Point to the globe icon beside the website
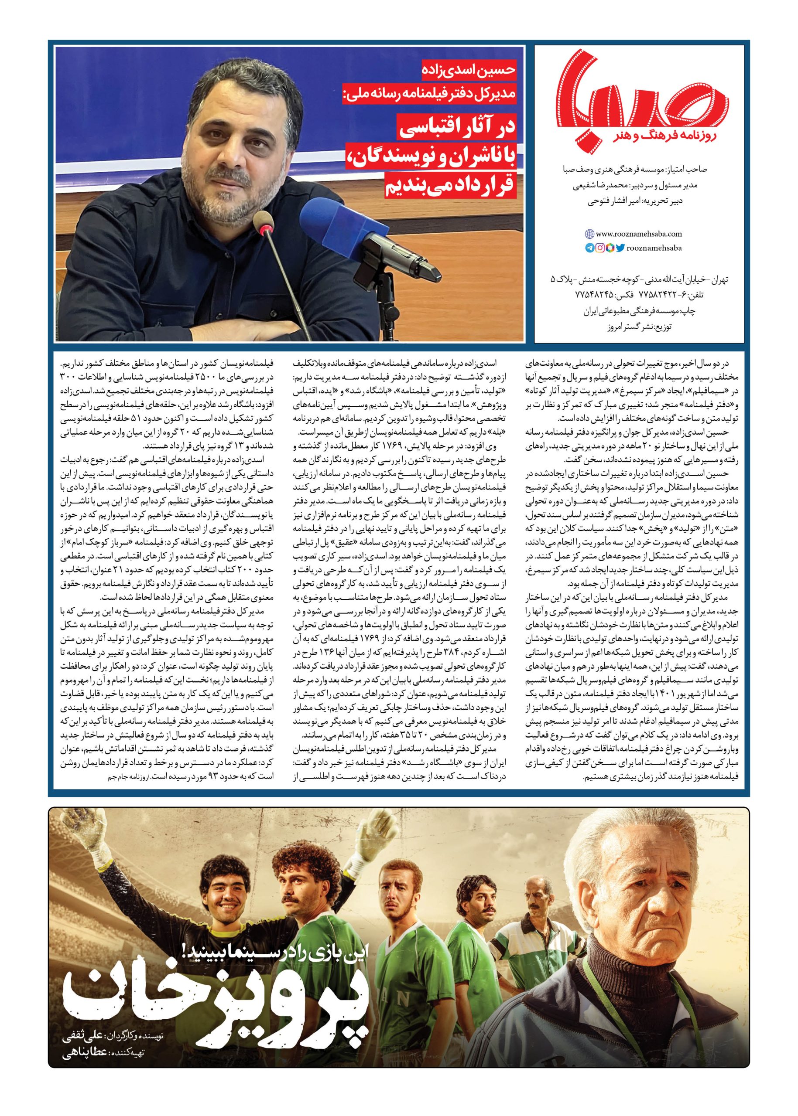pyautogui.click(x=589, y=234)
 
